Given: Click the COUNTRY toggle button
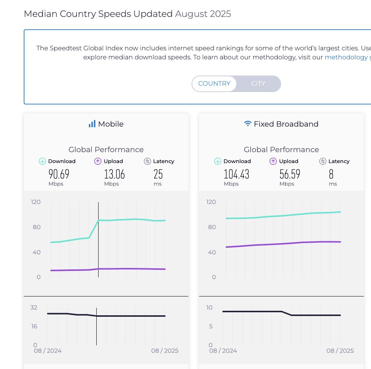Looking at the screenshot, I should [x=214, y=83].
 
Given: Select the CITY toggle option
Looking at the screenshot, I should [x=258, y=83].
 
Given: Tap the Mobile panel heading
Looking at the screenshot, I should [x=111, y=124].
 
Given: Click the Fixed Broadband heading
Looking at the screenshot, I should [x=286, y=124].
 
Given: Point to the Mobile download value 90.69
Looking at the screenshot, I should [x=59, y=174].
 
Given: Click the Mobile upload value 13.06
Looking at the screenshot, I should [x=114, y=174].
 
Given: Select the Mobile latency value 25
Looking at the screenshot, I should [x=158, y=174].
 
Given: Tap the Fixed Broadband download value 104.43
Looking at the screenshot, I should [x=236, y=174].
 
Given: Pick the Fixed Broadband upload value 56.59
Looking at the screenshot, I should [x=290, y=174].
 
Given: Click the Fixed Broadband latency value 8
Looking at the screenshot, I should [x=331, y=174].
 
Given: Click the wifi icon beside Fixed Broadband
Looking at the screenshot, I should [x=248, y=124].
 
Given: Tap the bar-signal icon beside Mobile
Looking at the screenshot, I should [x=92, y=124].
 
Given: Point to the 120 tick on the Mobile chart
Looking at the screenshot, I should [x=36, y=202].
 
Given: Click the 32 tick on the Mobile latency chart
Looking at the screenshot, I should [x=34, y=307].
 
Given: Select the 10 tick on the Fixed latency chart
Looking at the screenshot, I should [x=209, y=307].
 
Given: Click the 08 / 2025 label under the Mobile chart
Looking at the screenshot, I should [x=165, y=351].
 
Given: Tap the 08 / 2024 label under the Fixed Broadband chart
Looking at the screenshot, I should [x=223, y=351].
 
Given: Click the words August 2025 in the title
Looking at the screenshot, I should [x=203, y=14].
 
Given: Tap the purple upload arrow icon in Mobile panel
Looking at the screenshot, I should [x=97, y=161].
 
